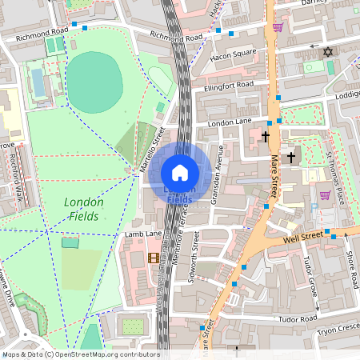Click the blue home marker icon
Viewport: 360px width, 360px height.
tap(180, 173)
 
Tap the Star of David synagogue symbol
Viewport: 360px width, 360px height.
tap(326, 52)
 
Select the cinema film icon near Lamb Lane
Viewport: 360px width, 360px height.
tap(153, 257)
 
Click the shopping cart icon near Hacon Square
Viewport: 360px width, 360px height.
tap(278, 27)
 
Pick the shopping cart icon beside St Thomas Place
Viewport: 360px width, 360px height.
tap(325, 195)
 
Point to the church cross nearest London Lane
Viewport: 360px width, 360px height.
tap(266, 137)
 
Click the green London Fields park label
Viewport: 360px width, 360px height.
tap(82, 209)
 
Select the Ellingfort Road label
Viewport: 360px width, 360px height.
tap(228, 85)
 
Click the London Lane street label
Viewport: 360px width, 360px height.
tap(230, 122)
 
